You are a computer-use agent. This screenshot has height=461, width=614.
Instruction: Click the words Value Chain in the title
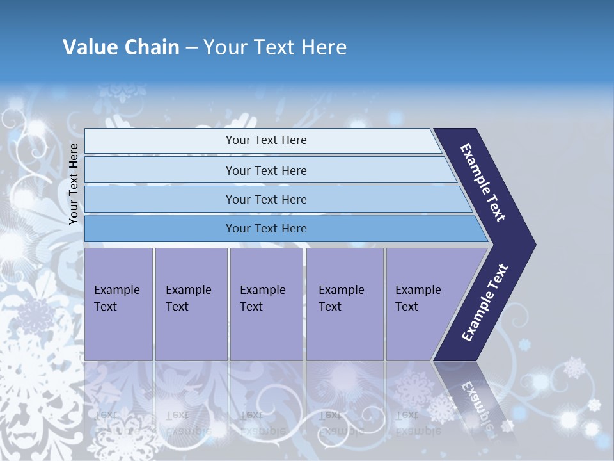point(121,47)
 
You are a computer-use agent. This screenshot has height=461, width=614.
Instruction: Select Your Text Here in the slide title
point(275,47)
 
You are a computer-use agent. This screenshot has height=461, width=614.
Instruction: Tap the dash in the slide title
point(191,47)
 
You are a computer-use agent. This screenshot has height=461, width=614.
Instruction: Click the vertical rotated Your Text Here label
point(74,184)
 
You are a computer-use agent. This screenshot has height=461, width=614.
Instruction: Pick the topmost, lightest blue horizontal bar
point(160,141)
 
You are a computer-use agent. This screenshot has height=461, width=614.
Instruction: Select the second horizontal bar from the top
point(160,170)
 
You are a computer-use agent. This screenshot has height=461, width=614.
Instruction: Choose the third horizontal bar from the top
point(160,199)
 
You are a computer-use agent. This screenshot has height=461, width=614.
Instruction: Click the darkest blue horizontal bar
point(160,229)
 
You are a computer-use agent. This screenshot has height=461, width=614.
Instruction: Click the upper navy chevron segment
point(484,182)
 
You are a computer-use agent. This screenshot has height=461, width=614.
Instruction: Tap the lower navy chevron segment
point(485,303)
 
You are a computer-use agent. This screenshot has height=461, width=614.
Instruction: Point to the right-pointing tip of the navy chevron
point(532,245)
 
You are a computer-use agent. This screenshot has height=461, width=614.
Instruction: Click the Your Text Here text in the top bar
point(266,140)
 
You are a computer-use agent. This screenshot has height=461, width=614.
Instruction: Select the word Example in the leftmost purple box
point(116,290)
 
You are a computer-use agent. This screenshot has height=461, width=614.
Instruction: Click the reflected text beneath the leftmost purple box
point(115,423)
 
